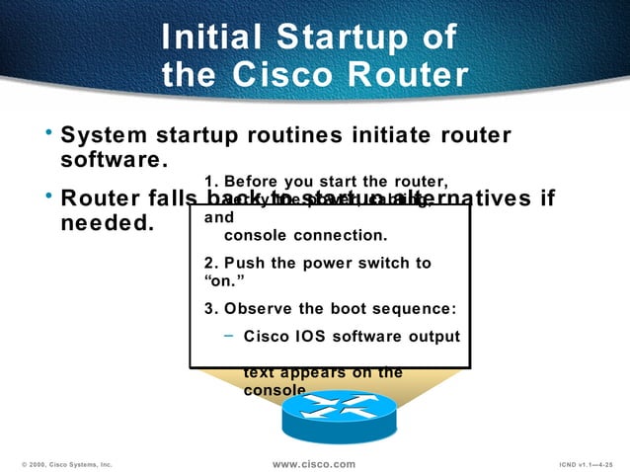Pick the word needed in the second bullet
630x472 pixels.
(107, 223)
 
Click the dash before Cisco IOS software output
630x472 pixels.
(229, 335)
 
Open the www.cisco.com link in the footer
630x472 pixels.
(314, 463)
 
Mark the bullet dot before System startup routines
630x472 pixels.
(47, 130)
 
